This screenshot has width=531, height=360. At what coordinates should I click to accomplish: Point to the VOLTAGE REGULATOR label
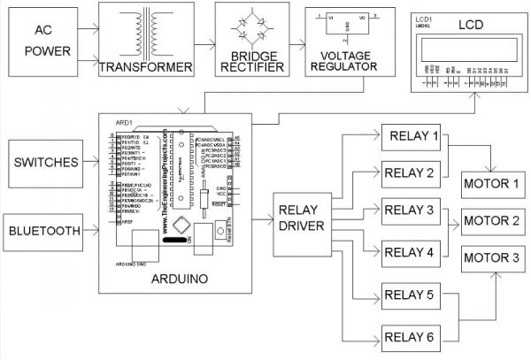coord(343,67)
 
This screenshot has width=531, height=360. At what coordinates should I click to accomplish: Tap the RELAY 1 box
coord(412,137)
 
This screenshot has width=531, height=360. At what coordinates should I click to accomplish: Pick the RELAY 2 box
coord(412,173)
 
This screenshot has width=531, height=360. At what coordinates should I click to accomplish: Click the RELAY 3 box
coord(412,211)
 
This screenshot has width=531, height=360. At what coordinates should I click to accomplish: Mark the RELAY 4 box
coord(412,251)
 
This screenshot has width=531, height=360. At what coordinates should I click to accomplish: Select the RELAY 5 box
coord(412,295)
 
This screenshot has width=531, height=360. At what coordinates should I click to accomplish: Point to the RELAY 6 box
coord(412,335)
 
